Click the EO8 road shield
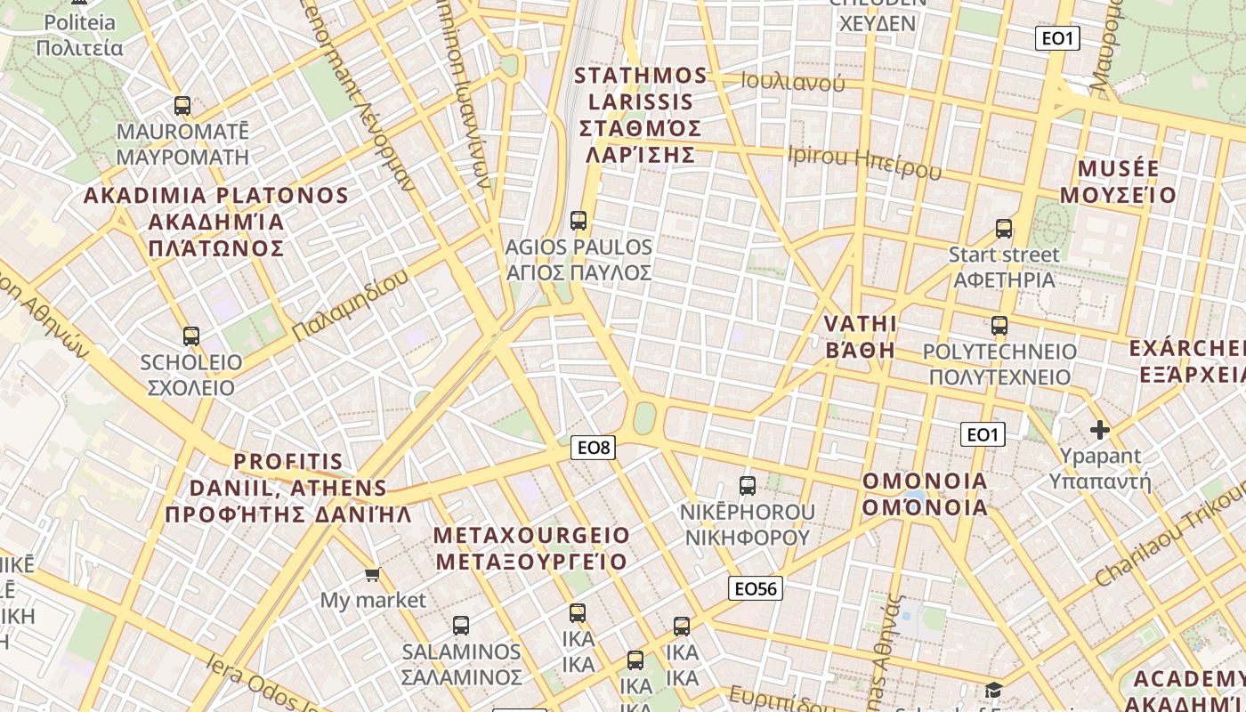coord(594,448)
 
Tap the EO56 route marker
coord(756,588)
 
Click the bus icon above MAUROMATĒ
coord(182,106)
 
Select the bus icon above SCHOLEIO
coord(190,336)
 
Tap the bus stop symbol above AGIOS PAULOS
coord(578,221)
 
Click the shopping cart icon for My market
coord(373,575)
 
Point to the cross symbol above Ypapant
coord(1100,431)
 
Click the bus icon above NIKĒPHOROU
coord(748,486)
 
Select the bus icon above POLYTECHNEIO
coord(999,326)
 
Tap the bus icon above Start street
coord(1004,229)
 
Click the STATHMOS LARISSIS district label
coord(641,115)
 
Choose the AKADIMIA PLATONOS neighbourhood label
coord(215,222)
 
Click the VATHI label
coord(861,336)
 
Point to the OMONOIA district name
coord(925,494)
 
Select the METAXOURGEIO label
coord(531,548)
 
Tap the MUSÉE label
coord(1126,182)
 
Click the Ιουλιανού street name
coord(792,83)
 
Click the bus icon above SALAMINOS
coord(460,626)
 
